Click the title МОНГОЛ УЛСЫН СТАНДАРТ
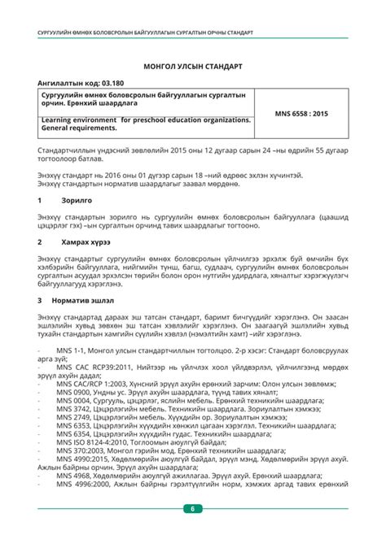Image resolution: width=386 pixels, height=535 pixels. (x=192, y=64)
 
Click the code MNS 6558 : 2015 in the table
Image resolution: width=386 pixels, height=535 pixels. (x=300, y=114)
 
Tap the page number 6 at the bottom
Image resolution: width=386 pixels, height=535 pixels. (x=193, y=509)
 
